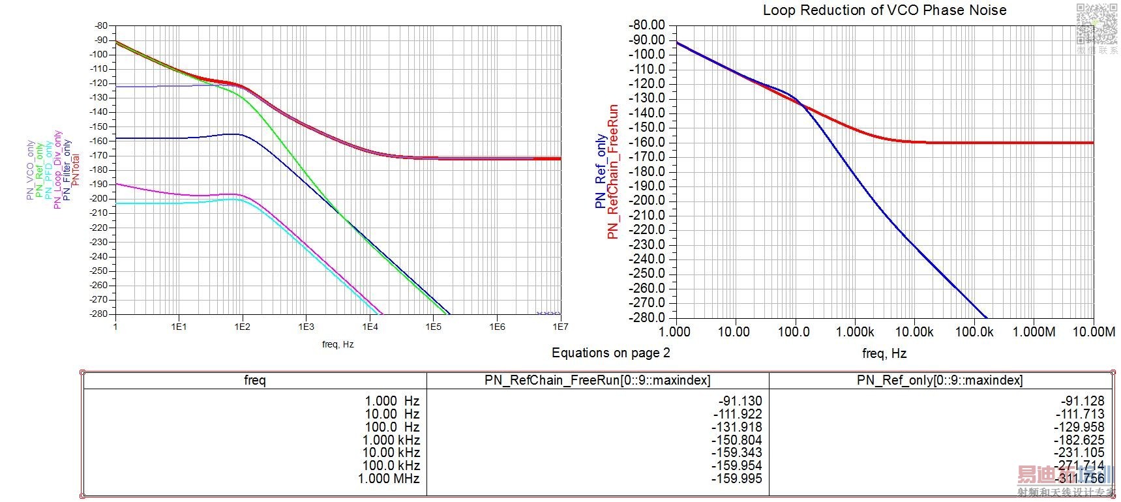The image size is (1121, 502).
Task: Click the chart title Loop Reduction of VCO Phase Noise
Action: [884, 10]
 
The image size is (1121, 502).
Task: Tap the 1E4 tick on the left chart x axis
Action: [370, 327]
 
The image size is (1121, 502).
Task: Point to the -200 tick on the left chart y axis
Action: [100, 198]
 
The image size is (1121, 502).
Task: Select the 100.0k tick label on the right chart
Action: [974, 332]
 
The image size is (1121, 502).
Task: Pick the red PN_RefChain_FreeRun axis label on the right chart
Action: [612, 171]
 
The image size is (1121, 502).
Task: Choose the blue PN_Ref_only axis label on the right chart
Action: [600, 171]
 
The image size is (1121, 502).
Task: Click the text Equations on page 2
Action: [610, 353]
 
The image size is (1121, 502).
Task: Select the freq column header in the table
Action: [254, 380]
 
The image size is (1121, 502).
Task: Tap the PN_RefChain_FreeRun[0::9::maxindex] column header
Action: [597, 380]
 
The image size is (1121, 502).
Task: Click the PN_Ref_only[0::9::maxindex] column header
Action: [940, 380]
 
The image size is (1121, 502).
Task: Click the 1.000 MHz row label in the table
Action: [389, 479]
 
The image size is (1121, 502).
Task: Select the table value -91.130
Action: [740, 401]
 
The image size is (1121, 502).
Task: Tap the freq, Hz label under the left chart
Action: [338, 344]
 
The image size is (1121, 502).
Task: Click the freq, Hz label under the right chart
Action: [884, 353]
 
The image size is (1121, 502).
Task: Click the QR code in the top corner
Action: [1096, 23]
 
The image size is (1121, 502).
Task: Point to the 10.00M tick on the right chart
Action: [1093, 332]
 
